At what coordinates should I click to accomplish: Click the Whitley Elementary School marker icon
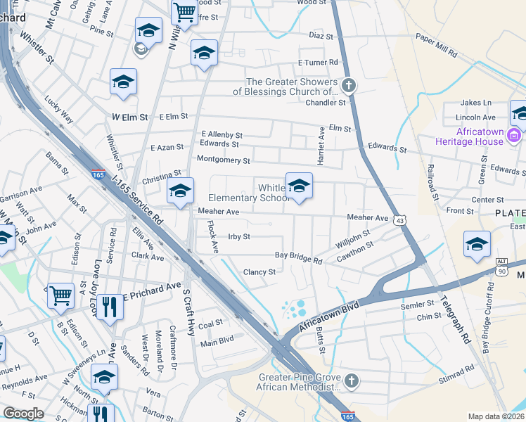pos(299,186)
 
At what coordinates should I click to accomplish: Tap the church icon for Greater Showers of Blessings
pos(349,86)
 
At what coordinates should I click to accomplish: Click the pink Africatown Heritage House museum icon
pos(514,135)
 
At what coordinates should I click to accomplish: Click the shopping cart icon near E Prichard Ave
pos(60,295)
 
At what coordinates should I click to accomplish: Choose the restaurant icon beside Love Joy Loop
pos(109,307)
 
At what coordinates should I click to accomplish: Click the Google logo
pos(23,414)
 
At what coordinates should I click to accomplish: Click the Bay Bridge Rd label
pos(298,258)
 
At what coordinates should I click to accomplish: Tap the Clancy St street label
pos(259,272)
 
